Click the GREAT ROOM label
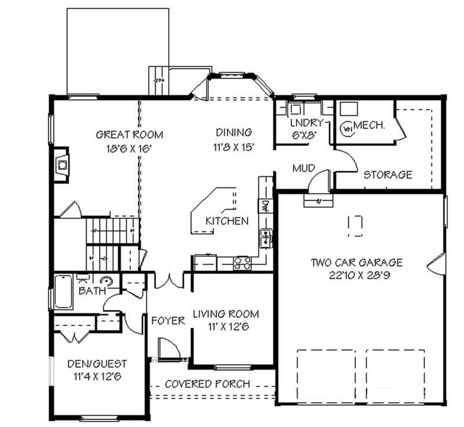tap(129, 135)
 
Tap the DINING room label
tap(233, 132)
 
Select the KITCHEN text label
tap(227, 221)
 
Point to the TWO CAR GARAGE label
tap(356, 263)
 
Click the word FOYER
tap(168, 321)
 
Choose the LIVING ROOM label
tap(226, 314)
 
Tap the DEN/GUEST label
tap(97, 364)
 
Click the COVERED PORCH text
tap(207, 384)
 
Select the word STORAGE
tap(387, 175)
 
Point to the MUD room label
tap(304, 168)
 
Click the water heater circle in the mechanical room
tap(347, 127)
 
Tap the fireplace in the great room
tap(61, 164)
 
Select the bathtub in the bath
tap(63, 292)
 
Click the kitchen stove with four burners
tap(242, 263)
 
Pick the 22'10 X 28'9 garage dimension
tap(356, 275)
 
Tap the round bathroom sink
tap(107, 280)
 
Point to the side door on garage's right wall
tap(438, 263)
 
